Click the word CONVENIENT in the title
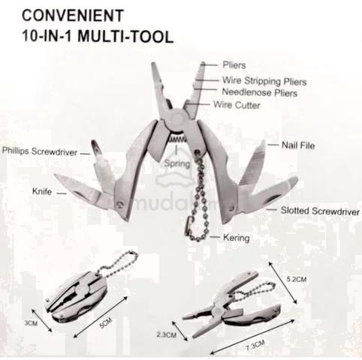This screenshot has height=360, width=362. coord(73,16)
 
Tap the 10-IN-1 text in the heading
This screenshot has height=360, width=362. coord(47,36)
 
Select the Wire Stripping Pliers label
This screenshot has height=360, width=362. coord(264,81)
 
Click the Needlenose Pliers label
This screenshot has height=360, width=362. coord(260,92)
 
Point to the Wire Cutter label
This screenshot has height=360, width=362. coord(237,105)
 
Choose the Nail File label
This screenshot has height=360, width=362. coord(298,145)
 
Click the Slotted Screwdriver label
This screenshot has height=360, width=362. coord(320,211)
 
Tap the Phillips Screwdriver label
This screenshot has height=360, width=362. coord(40,151)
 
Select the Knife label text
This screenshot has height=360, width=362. coord(42,192)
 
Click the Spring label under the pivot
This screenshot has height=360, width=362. coord(177,163)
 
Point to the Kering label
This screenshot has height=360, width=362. coord(237,238)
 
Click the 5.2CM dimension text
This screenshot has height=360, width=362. coord(297,279)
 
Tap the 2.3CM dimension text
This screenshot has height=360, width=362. coord(167,334)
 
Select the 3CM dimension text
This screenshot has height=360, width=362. coord(31,323)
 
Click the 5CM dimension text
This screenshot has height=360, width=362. coord(106,323)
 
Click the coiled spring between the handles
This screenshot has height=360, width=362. coord(177,139)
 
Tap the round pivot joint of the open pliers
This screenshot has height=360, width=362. coord(177,118)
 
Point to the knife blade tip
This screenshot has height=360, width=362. coord(56,175)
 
